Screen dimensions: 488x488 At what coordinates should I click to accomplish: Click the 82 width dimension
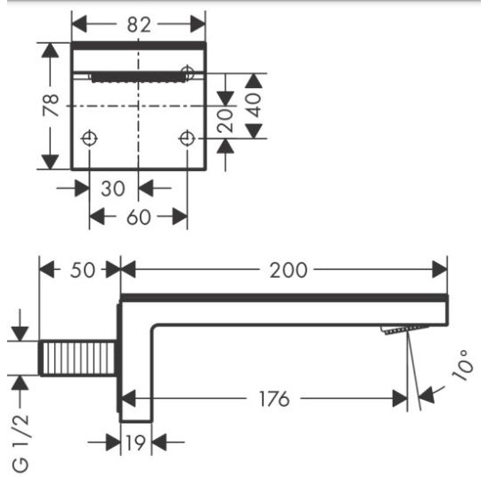coord(139,25)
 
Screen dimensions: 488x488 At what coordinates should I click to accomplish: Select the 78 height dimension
coord(51,106)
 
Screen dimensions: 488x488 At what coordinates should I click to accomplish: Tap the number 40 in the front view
coord(254,105)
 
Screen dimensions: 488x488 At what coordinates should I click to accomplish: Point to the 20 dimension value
coord(225,121)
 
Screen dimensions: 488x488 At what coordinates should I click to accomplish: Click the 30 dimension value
coord(113,188)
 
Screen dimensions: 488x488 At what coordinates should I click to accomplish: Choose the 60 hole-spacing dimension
coord(139,217)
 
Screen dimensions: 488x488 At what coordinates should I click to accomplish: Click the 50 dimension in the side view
coord(83,270)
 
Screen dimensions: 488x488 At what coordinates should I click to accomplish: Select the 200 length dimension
coord(289,270)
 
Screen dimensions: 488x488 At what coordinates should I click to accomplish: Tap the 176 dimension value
coord(274,399)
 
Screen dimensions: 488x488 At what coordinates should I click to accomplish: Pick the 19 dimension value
coord(135,443)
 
